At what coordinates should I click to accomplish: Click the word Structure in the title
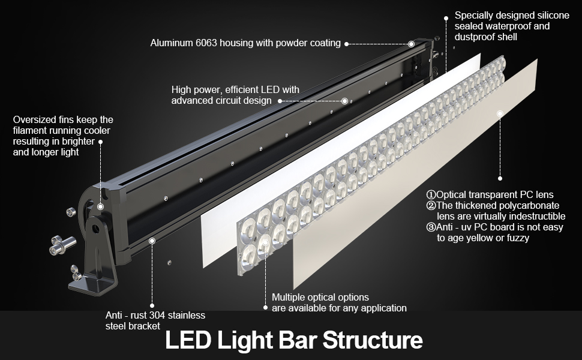(x=373, y=341)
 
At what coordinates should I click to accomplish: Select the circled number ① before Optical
(x=431, y=195)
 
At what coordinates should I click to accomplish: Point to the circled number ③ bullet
(x=431, y=227)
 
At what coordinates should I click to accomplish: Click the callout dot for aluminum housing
(x=411, y=44)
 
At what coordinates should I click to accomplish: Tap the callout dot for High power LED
(x=344, y=101)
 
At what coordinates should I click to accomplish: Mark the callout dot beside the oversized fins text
(x=100, y=142)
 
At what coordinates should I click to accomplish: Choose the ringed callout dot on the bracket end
(x=152, y=240)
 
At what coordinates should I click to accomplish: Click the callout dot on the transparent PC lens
(x=499, y=112)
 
